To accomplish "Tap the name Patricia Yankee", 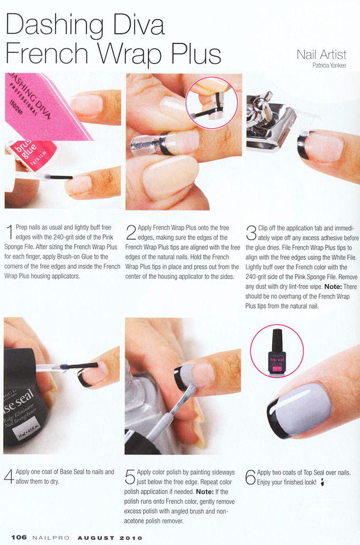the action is pos(329,65).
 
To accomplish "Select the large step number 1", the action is pos(10,232).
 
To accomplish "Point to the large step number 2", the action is pos(131,232).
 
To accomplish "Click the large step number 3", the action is pos(251,232).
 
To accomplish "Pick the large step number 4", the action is pos(10,477).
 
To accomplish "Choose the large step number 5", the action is pos(130,477).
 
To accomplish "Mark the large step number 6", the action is pos(250,477).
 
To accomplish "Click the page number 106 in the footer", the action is pos(19,537).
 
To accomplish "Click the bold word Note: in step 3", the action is pos(333,287).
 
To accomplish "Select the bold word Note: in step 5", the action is pos(205,492).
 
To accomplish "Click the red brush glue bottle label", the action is pos(31,153).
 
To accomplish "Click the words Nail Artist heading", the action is pos(321,54).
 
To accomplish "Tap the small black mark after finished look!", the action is pos(322,482).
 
